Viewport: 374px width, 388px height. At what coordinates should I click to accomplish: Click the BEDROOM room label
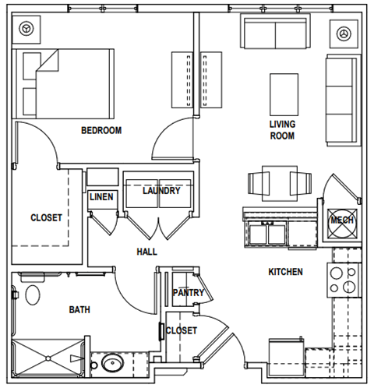[x=101, y=130]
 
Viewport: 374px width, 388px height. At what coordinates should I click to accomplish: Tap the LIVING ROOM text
[x=282, y=129]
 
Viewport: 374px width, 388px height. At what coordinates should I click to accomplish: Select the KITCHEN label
[x=286, y=272]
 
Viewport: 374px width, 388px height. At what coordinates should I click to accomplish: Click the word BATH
[x=79, y=309]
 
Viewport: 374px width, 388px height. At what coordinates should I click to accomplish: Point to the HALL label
[x=146, y=252]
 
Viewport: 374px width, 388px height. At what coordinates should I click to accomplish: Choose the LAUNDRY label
[x=161, y=191]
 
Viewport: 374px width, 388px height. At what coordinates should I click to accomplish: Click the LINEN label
[x=101, y=197]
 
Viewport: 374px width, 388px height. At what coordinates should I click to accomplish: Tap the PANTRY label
[x=188, y=293]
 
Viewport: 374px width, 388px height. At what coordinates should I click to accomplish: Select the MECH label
[x=342, y=220]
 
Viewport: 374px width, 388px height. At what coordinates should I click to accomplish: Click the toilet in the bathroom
[x=32, y=295]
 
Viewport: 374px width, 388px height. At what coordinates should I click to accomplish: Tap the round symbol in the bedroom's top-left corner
[x=27, y=30]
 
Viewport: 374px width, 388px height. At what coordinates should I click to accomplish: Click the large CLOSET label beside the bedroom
[x=46, y=218]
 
